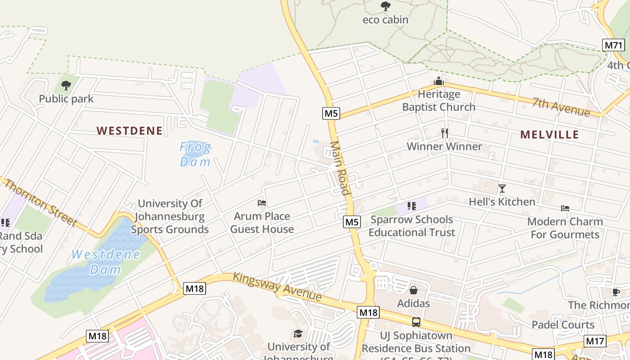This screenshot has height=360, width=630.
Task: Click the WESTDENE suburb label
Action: (x=130, y=131)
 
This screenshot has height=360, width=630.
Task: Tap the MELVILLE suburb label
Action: (x=549, y=135)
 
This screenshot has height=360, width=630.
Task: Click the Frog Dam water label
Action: (x=195, y=154)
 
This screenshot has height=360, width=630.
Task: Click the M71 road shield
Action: (x=613, y=45)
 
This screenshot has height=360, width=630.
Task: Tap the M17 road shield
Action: (x=595, y=341)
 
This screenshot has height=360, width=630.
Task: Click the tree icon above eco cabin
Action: (x=385, y=6)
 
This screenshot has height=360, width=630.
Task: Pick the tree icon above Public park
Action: (x=66, y=85)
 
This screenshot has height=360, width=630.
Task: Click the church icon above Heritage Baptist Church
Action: (x=438, y=81)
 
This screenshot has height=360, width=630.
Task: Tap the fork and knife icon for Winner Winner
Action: (x=444, y=133)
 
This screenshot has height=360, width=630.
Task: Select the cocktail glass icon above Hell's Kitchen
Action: (x=502, y=189)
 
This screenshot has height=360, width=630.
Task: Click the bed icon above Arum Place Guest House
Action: (x=262, y=203)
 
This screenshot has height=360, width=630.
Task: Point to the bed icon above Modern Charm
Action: (x=565, y=208)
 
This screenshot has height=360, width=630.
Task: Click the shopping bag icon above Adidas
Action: (x=413, y=290)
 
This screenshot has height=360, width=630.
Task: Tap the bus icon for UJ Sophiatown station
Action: (x=416, y=322)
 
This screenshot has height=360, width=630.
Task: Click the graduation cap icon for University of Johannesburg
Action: (x=298, y=333)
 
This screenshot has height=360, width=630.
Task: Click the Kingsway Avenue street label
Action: (x=277, y=287)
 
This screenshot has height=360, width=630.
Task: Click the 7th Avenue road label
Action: (x=561, y=106)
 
